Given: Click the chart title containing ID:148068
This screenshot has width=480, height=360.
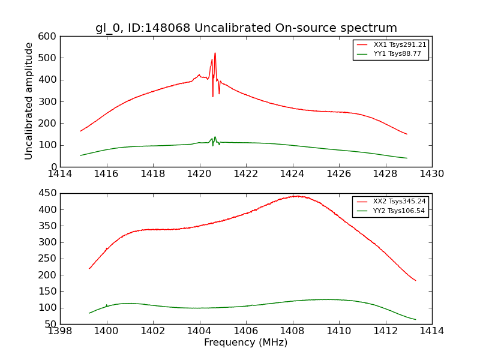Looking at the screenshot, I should pyautogui.click(x=246, y=28).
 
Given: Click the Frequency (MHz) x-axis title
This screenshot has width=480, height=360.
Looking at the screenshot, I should pyautogui.click(x=246, y=343).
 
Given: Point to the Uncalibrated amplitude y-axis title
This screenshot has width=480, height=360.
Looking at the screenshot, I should pyautogui.click(x=29, y=101).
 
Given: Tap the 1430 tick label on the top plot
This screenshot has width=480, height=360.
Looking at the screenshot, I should pyautogui.click(x=431, y=174).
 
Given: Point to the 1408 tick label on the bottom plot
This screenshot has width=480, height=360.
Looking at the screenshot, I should pyautogui.click(x=292, y=331).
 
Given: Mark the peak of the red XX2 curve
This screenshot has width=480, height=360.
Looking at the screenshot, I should pyautogui.click(x=296, y=196).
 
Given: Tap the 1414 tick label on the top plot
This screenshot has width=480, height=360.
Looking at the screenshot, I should pyautogui.click(x=60, y=174).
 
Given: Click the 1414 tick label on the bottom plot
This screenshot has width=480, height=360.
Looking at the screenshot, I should pyautogui.click(x=431, y=331).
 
